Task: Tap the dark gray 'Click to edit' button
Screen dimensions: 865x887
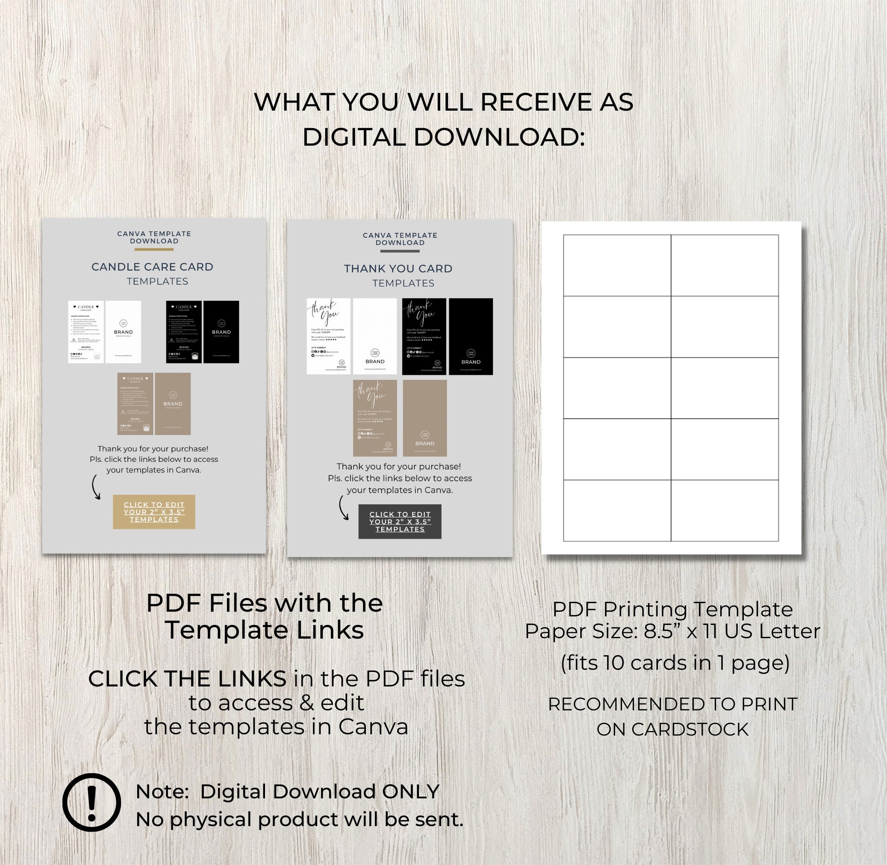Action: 400,522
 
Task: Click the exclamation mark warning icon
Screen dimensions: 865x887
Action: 91,803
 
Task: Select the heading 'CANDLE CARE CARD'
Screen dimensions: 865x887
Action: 152,267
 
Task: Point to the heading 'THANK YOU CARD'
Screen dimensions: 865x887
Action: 398,269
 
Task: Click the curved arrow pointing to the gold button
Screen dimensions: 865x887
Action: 95,487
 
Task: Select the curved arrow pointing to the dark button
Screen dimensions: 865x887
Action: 343,507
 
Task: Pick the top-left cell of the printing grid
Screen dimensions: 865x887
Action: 617,265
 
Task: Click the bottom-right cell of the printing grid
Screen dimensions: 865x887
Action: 725,510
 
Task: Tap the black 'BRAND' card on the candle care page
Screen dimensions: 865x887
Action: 221,331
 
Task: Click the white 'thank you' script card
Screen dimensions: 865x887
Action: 328,336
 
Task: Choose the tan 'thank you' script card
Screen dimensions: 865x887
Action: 374,418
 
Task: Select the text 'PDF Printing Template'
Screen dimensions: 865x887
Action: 672,609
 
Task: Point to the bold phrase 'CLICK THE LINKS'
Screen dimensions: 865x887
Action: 187,679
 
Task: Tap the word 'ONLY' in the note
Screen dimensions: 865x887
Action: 410,792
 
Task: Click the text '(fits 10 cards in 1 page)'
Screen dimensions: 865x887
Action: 675,663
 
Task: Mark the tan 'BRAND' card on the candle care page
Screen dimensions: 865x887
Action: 172,403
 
